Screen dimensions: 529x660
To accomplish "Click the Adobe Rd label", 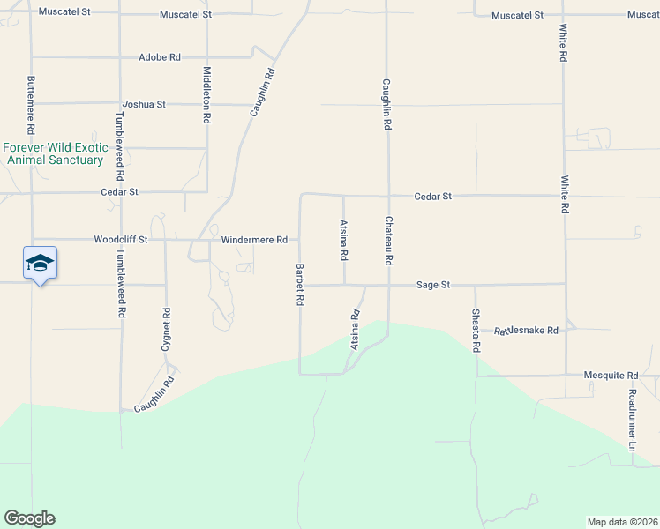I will pyautogui.click(x=160, y=57).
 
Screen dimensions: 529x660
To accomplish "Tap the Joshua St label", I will pyautogui.click(x=145, y=104).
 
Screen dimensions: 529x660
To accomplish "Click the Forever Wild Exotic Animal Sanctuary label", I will pyautogui.click(x=55, y=153).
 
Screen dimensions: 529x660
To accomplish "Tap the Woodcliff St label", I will pyautogui.click(x=120, y=239).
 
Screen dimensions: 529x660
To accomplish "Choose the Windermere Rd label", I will pyautogui.click(x=254, y=239).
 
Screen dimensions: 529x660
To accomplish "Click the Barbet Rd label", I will pyautogui.click(x=300, y=284).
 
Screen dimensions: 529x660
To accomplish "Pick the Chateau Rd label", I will pyautogui.click(x=387, y=241).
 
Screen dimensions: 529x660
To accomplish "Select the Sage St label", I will pyautogui.click(x=433, y=285).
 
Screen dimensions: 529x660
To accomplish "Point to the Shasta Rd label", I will pyautogui.click(x=475, y=331).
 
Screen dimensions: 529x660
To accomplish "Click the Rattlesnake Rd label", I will pyautogui.click(x=527, y=331).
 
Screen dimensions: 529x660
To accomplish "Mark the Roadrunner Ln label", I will pyautogui.click(x=632, y=421).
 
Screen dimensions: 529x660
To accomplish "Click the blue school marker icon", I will pyautogui.click(x=41, y=263).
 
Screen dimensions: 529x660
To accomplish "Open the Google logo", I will pyautogui.click(x=29, y=518).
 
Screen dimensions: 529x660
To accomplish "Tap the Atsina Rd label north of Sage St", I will pyautogui.click(x=344, y=240).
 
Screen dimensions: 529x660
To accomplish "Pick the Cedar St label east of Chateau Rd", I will pyautogui.click(x=433, y=196).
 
